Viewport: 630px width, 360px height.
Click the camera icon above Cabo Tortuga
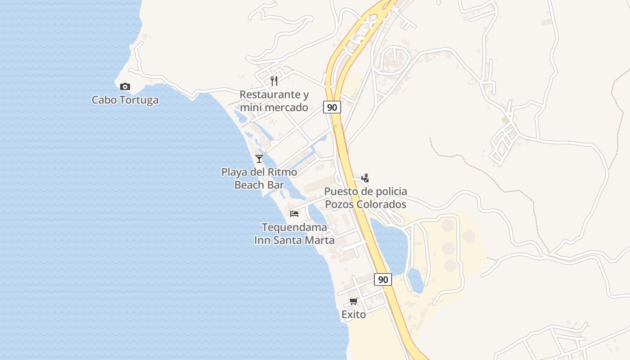125,86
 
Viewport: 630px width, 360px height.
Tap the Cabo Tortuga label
125,100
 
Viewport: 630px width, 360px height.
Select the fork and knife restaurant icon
274,81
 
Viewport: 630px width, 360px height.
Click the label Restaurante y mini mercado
274,101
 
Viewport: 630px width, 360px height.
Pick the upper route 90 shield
332,107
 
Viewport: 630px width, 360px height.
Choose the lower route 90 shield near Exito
383,279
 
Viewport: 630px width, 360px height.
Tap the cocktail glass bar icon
259,158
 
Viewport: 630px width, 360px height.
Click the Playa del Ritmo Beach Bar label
259,178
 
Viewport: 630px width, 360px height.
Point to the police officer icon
365,178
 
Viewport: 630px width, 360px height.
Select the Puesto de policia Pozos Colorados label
365,198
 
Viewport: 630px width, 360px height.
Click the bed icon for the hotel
294,213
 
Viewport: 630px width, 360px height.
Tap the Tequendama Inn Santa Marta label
294,234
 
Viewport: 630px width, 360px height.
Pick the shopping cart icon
354,301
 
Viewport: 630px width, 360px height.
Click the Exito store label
354,315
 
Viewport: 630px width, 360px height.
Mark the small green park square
505,120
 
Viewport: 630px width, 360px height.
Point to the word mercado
287,108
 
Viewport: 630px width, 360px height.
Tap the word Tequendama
294,227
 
